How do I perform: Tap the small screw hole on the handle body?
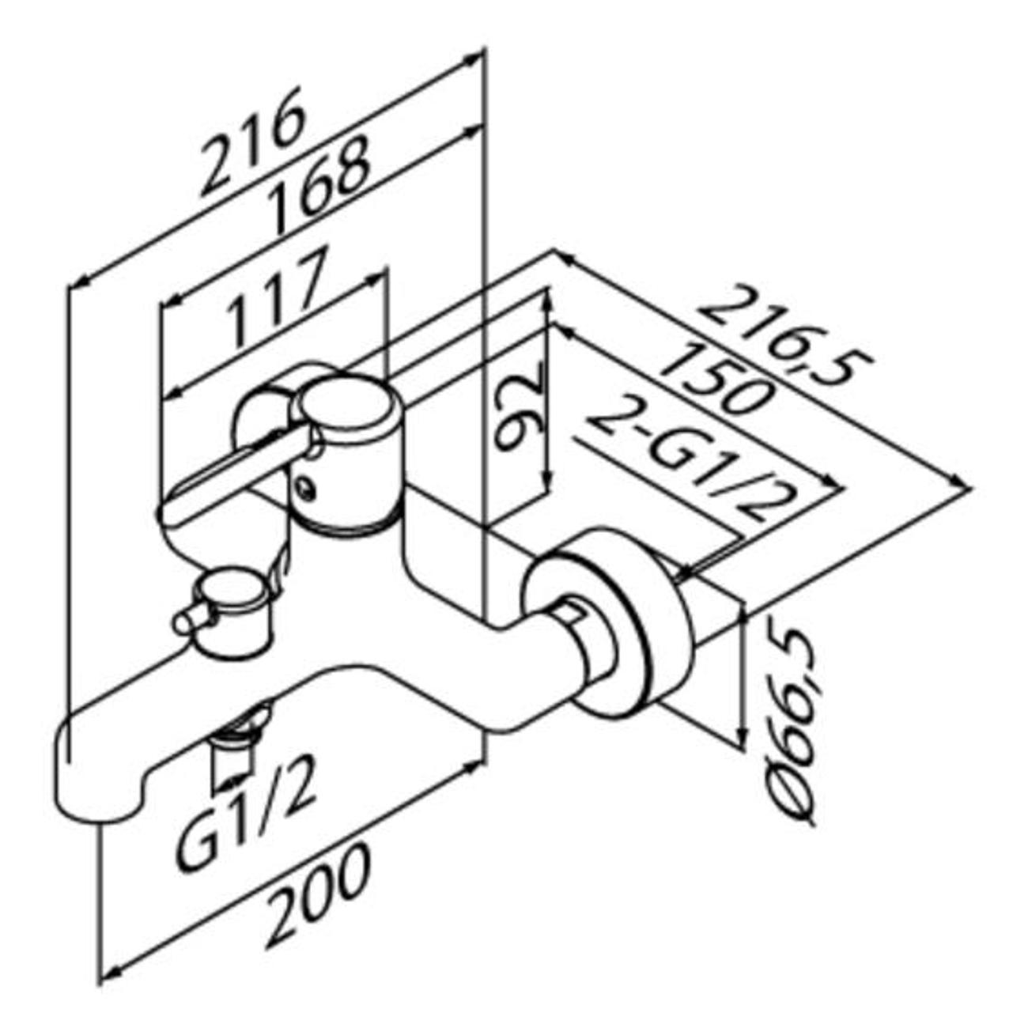tap(306, 487)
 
